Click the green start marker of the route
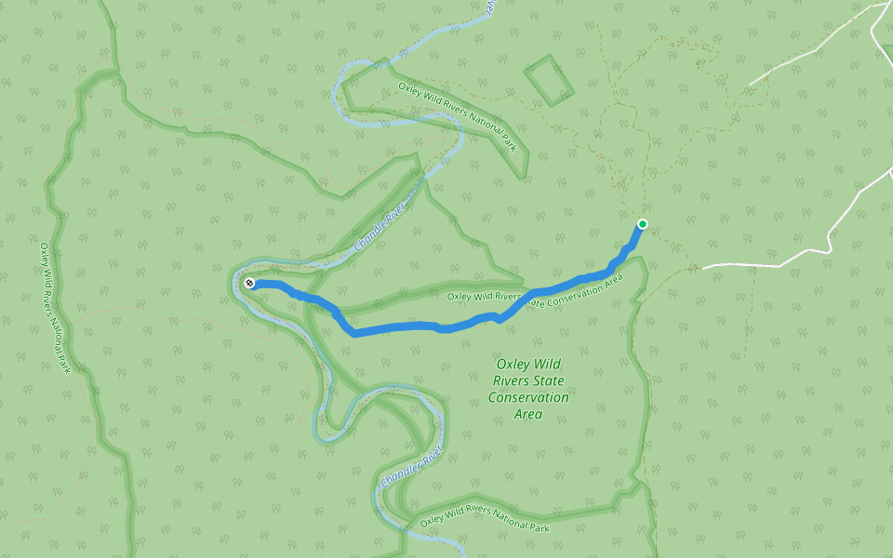[642, 224]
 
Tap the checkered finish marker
[249, 282]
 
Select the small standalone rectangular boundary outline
[549, 80]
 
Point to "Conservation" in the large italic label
[528, 397]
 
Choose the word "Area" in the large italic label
[528, 414]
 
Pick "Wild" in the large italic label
[550, 365]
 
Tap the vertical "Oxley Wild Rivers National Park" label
[55, 308]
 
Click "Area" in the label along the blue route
[612, 279]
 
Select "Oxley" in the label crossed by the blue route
[460, 297]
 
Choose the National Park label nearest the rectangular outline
[457, 116]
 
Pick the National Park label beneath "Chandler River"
[484, 517]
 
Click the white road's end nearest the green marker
[703, 267]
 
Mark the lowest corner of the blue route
[354, 333]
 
